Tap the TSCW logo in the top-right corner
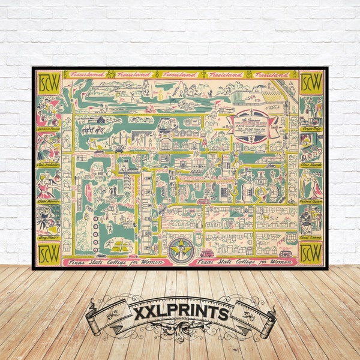[x=310, y=83]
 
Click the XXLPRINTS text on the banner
[x=179, y=313]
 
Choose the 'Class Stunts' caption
[x=310, y=164]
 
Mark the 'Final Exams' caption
[x=310, y=237]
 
